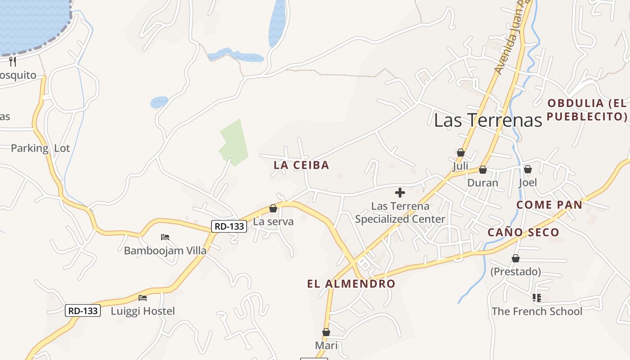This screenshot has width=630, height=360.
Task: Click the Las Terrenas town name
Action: tap(488, 120)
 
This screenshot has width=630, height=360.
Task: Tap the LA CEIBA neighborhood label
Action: tap(301, 165)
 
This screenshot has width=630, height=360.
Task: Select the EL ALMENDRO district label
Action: tap(351, 284)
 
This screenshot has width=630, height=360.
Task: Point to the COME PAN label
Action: tap(549, 205)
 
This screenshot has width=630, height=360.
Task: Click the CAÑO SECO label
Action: tap(523, 233)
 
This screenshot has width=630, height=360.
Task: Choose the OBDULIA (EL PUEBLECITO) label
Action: tap(587, 110)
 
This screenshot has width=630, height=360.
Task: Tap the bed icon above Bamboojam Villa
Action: tap(165, 237)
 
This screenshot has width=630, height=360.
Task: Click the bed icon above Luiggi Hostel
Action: tap(143, 297)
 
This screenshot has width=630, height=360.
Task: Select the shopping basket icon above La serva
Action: tap(273, 208)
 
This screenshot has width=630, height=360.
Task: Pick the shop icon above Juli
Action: tap(460, 153)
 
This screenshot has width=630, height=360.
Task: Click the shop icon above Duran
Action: tap(482, 170)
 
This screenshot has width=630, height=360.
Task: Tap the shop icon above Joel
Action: tap(527, 169)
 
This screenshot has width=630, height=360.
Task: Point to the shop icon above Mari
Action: tap(326, 332)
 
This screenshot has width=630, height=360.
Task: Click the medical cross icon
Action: tap(400, 193)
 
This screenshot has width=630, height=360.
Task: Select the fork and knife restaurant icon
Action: tap(13, 62)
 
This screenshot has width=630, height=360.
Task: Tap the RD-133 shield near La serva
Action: tap(229, 226)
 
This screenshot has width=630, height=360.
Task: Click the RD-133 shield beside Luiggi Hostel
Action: tap(83, 310)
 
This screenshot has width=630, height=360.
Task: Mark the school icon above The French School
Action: tap(536, 297)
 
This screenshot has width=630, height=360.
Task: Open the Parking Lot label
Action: tap(40, 148)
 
